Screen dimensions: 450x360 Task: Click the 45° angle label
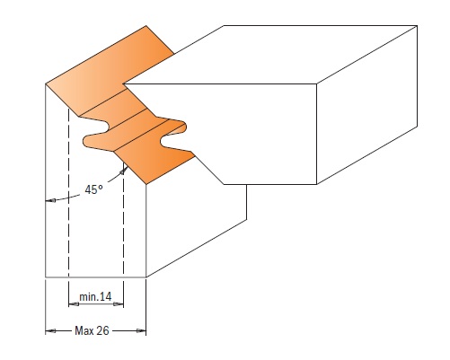93,189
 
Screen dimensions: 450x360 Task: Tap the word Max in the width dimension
84,330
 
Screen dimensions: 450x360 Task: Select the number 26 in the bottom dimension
102,330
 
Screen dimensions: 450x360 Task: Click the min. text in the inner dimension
88,297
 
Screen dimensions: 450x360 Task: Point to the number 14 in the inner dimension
105,297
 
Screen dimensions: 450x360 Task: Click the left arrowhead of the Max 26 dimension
50,331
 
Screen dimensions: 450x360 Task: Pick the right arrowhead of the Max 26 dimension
141,330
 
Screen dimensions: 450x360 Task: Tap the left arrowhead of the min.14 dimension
74,304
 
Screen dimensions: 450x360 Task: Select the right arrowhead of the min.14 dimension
119,304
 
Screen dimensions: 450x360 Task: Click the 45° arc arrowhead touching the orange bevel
123,171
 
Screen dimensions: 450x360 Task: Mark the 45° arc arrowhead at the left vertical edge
50,201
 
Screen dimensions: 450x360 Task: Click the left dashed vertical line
69,193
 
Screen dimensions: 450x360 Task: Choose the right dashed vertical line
124,220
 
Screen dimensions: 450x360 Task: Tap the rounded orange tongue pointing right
177,127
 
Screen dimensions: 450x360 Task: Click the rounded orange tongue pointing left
93,141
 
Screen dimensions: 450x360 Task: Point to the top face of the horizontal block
271,55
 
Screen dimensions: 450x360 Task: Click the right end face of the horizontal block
367,105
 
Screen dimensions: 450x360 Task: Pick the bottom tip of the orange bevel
146,184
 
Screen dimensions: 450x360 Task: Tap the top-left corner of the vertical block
46,83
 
